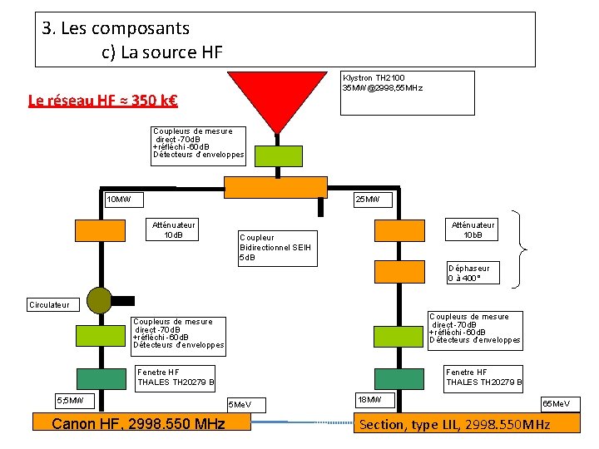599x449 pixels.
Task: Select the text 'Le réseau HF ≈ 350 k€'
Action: tap(103, 101)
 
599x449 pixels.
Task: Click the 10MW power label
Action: tap(124, 200)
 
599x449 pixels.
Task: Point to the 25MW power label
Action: tap(367, 200)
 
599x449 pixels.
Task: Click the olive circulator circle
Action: tap(99, 299)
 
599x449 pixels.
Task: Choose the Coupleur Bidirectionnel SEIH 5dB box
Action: tap(277, 248)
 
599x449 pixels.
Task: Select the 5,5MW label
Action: tap(74, 401)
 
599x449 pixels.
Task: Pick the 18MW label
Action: tap(374, 400)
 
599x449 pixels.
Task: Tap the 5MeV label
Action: tap(250, 405)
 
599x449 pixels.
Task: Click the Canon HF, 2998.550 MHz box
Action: tap(139, 424)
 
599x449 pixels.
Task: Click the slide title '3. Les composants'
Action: tap(116, 28)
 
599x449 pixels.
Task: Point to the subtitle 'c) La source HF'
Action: tap(162, 52)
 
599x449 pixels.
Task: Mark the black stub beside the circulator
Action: tap(123, 299)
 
